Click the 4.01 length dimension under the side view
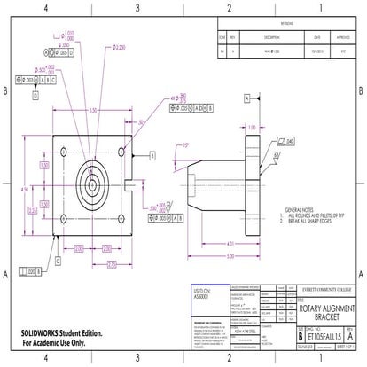(230, 243)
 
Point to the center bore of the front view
(91, 185)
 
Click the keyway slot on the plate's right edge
(129, 185)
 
